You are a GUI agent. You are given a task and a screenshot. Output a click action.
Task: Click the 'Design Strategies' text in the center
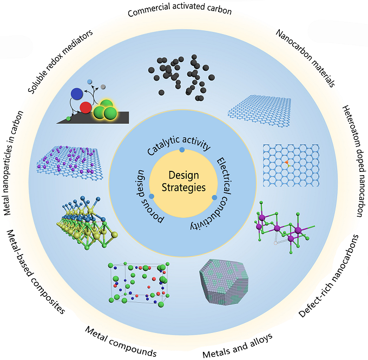[x=183, y=182]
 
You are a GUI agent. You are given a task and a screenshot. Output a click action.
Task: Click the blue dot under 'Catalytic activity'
[x=182, y=150]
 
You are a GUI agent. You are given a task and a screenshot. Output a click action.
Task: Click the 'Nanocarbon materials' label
[x=306, y=58]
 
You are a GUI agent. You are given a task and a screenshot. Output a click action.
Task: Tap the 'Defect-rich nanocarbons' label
[x=329, y=276]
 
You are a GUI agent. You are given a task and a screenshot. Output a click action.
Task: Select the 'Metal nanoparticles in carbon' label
[x=14, y=163]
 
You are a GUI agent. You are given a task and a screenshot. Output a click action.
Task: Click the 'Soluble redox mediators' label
[x=60, y=62]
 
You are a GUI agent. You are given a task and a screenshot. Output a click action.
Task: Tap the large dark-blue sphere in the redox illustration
[x=77, y=94]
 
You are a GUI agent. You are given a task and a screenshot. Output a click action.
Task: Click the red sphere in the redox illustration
[x=86, y=108]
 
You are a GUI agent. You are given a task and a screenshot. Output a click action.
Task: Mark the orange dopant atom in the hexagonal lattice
[x=287, y=162]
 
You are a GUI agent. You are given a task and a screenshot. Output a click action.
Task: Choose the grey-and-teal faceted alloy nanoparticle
[x=224, y=282]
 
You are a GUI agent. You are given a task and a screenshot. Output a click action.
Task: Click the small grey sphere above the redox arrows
[x=103, y=86]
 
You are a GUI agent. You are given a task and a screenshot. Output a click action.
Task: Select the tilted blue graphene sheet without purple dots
[x=259, y=111]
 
